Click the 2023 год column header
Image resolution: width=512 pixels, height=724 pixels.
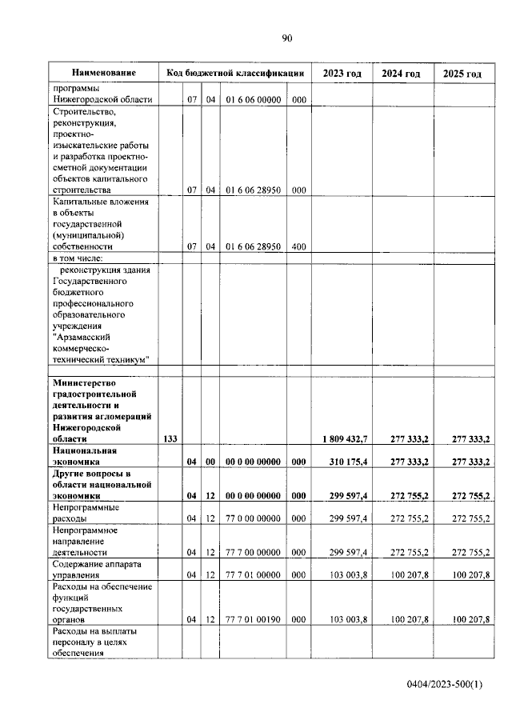pyautogui.click(x=342, y=74)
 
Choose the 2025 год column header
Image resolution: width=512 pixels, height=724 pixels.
pyautogui.click(x=462, y=74)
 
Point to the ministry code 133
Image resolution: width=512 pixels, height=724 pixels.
pyautogui.click(x=170, y=438)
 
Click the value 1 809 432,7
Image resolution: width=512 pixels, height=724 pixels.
pyautogui.click(x=344, y=438)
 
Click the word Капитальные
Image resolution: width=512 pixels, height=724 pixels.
pyautogui.click(x=84, y=202)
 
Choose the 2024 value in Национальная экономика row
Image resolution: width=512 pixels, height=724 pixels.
pyautogui.click(x=403, y=462)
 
